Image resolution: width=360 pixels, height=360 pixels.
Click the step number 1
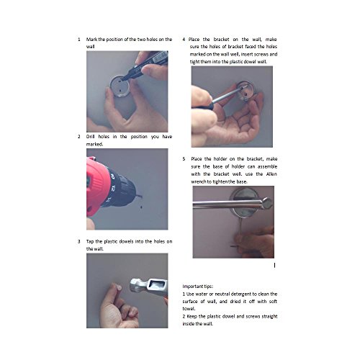click(79, 40)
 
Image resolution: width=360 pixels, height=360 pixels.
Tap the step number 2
click(79, 137)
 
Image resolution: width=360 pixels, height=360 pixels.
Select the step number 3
click(79, 241)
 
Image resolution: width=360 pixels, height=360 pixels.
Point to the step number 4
click(184, 40)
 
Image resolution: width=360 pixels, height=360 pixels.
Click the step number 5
click(184, 159)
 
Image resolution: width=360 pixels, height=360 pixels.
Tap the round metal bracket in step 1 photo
click(120, 86)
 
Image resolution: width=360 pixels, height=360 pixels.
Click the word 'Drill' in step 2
click(90, 137)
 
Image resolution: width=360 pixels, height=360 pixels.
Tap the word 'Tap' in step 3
click(90, 242)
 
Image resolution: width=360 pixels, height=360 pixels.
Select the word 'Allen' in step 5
click(271, 174)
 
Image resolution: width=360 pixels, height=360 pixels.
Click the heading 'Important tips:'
click(197, 287)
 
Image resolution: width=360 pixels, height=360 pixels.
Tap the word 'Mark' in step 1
click(91, 40)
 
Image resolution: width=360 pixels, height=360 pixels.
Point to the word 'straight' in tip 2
click(269, 317)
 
